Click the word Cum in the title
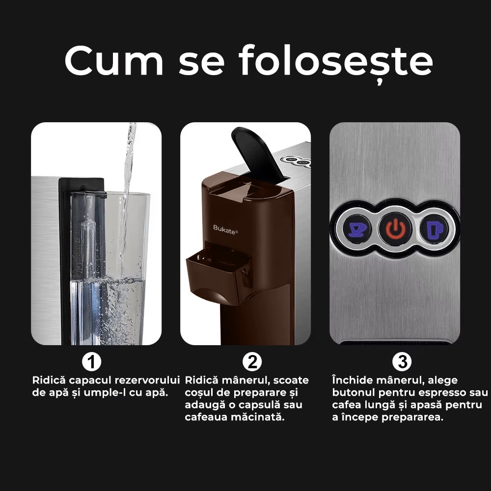pyautogui.click(x=114, y=60)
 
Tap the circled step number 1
pyautogui.click(x=91, y=362)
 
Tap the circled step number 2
pyautogui.click(x=252, y=362)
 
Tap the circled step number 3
pyautogui.click(x=403, y=362)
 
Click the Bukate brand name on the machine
pyautogui.click(x=225, y=228)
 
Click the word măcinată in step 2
pyautogui.click(x=260, y=417)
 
